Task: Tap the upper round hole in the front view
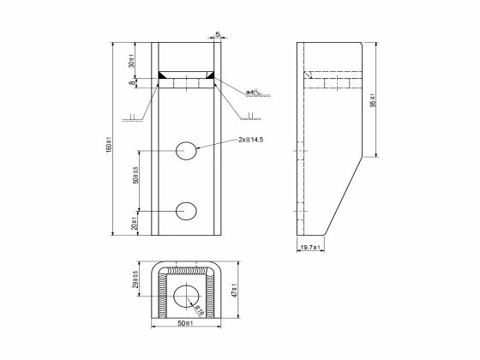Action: point(187,151)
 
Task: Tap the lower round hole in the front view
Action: point(187,210)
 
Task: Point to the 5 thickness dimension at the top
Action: point(218,35)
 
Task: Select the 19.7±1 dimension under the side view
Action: point(310,249)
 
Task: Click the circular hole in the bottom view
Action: point(187,297)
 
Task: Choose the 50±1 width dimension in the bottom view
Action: point(187,323)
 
